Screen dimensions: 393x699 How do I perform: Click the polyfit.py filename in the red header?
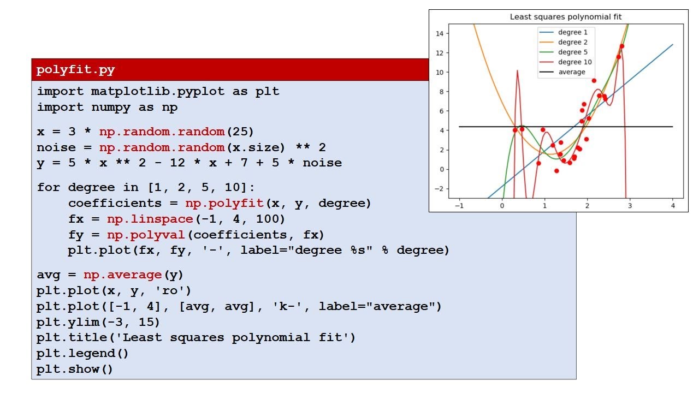click(x=75, y=70)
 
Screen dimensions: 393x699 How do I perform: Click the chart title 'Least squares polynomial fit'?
click(x=566, y=17)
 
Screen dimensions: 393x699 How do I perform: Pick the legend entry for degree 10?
click(x=574, y=62)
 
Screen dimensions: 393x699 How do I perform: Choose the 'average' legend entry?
click(x=571, y=72)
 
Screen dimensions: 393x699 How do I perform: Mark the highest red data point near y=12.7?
click(x=621, y=46)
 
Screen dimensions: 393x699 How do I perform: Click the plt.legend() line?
click(x=83, y=353)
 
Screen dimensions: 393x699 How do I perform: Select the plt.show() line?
click(x=75, y=369)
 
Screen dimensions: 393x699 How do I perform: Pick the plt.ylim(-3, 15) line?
click(x=98, y=322)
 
